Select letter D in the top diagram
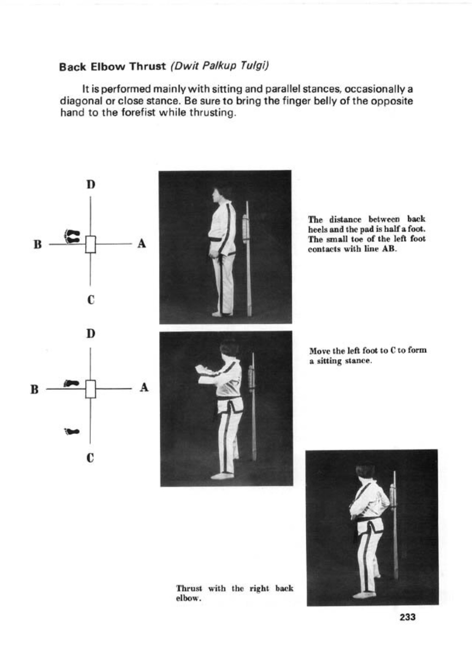(x=91, y=185)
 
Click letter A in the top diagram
(x=142, y=243)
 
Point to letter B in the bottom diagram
(x=35, y=389)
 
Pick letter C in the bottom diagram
(x=91, y=457)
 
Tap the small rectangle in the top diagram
(x=91, y=244)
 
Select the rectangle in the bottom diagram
(x=91, y=389)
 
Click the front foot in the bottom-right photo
(x=363, y=595)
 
